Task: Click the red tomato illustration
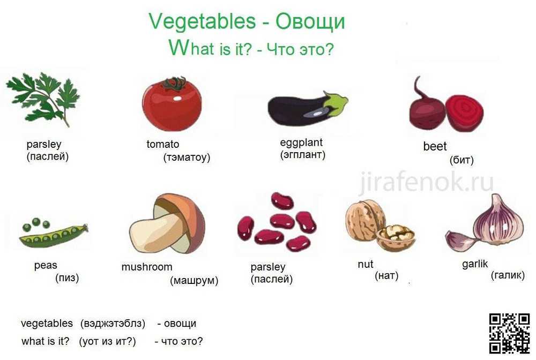(x=172, y=104)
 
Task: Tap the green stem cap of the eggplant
(x=336, y=103)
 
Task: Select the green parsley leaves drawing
(x=43, y=99)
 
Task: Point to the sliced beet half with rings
(x=465, y=113)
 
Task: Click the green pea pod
(x=54, y=235)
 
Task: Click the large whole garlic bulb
(x=500, y=221)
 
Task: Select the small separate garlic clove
(x=460, y=240)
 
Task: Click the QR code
(x=509, y=333)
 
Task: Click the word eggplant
(x=301, y=142)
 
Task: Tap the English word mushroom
(x=147, y=267)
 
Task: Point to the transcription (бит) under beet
(x=461, y=160)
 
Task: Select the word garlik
(x=475, y=264)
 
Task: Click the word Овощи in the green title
(x=310, y=21)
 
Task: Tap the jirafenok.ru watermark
(x=426, y=182)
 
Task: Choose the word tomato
(x=163, y=144)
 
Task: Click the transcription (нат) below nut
(x=386, y=275)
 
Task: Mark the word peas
(x=46, y=265)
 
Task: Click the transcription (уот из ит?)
(x=107, y=341)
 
